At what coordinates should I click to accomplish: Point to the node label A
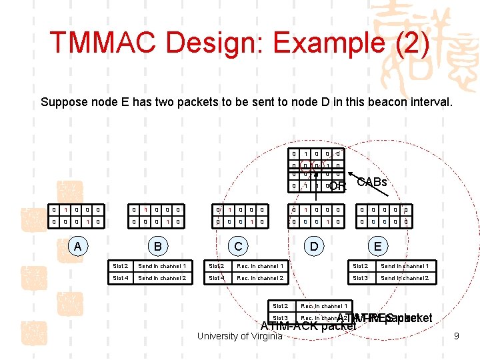click(x=78, y=246)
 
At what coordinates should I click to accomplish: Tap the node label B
click(x=158, y=246)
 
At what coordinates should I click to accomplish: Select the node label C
click(x=238, y=246)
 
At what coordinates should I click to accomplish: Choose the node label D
click(x=313, y=246)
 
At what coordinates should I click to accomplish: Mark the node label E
click(x=377, y=246)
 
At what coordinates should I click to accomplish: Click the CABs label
click(x=371, y=182)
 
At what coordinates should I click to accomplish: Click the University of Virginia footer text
click(x=240, y=336)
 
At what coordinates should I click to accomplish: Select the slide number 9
click(x=456, y=336)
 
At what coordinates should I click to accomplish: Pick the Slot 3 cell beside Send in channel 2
click(x=360, y=278)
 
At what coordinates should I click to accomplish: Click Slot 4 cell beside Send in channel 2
click(x=121, y=278)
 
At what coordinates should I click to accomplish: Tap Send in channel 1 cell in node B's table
click(x=163, y=266)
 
